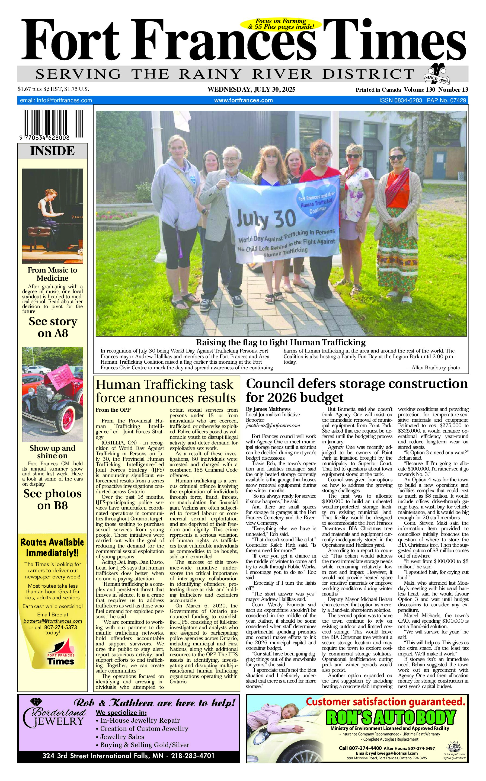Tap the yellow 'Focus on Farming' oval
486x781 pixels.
coord(281,24)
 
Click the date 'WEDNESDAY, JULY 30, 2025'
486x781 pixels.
coord(251,90)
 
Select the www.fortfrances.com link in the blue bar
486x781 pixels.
coord(243,100)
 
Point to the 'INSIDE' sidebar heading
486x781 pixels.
coord(52,151)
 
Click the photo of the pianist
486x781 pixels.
coord(52,216)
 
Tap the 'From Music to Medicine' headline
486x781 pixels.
coord(52,274)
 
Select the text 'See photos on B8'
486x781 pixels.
coord(52,500)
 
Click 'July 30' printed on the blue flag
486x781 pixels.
coord(266,219)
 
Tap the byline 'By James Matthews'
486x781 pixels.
coord(268,409)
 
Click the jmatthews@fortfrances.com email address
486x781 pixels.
coord(273,425)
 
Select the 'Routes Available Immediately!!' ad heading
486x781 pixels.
coord(52,548)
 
